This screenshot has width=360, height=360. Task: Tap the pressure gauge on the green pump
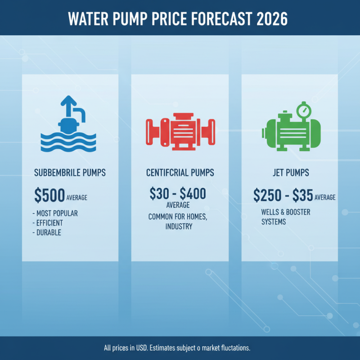click(304, 110)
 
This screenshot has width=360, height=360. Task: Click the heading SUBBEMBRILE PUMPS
click(69, 172)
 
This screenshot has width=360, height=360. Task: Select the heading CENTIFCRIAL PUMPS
click(180, 172)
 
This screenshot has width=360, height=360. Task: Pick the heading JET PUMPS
click(290, 172)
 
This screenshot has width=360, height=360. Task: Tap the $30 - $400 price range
click(178, 193)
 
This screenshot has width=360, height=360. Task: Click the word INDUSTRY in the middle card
click(179, 226)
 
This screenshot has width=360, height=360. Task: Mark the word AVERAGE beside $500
click(77, 198)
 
